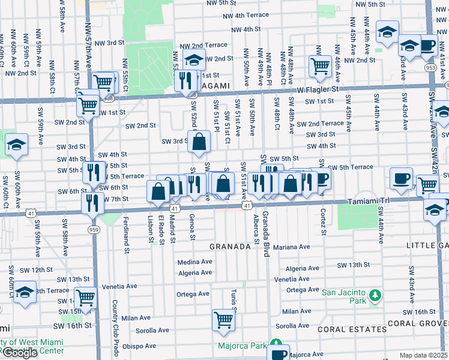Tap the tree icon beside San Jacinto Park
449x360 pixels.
point(375,295)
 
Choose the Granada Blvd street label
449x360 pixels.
point(265,229)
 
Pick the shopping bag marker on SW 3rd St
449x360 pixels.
point(199,142)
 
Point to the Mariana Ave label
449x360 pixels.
point(291,247)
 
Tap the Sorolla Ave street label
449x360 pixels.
point(152,330)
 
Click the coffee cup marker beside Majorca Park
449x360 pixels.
point(278,352)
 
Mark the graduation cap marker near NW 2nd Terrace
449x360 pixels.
point(194,59)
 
